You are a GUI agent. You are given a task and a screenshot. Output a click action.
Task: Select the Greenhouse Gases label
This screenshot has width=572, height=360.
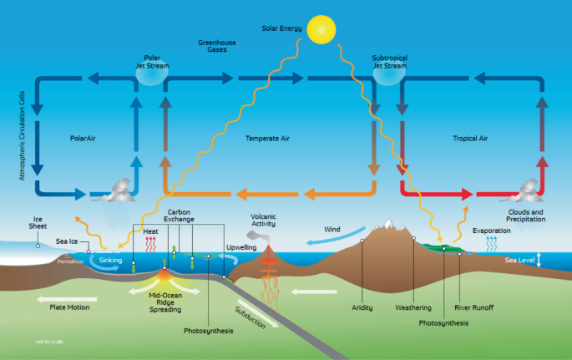click(216, 45)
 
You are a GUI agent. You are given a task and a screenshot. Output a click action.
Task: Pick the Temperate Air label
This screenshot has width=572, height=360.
click(267, 138)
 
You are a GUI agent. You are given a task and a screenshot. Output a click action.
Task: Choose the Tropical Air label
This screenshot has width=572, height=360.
click(470, 138)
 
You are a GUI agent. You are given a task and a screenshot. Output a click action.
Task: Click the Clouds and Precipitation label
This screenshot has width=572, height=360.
click(526, 216)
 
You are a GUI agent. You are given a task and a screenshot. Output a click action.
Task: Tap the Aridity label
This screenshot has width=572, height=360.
click(362, 307)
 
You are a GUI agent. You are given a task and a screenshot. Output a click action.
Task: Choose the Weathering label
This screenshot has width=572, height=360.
click(413, 307)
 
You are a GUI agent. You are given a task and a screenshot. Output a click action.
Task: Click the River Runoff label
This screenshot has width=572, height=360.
click(473, 307)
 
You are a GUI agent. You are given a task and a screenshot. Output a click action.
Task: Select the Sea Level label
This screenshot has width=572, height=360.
click(519, 261)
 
